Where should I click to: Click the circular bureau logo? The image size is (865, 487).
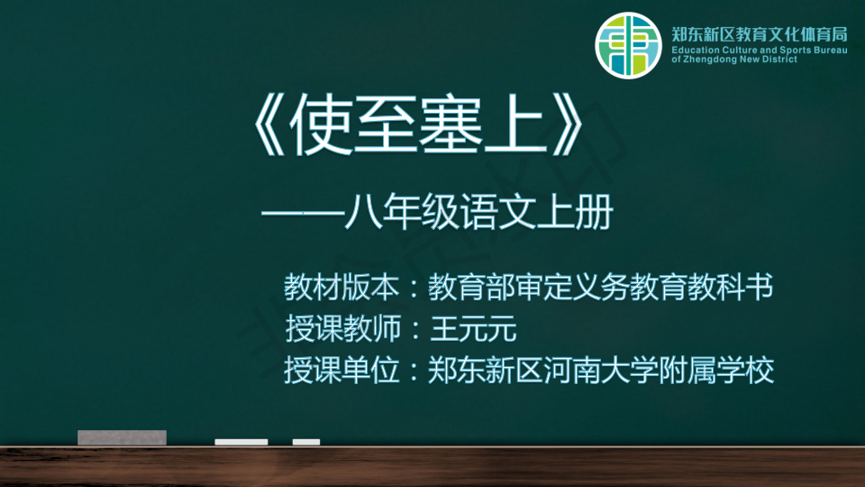click(628, 45)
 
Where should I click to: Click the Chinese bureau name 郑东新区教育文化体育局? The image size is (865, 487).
click(759, 35)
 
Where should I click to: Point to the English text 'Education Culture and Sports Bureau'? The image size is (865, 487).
click(759, 51)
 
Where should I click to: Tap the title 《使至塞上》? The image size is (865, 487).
click(417, 124)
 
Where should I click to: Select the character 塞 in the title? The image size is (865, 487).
click(451, 124)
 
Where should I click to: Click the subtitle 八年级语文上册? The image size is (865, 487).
click(478, 211)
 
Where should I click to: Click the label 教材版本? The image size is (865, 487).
click(341, 287)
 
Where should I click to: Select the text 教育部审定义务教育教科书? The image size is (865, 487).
click(601, 287)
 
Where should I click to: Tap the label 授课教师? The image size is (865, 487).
click(342, 328)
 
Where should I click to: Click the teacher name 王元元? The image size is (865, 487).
click(473, 328)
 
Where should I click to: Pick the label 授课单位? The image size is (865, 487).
click(341, 370)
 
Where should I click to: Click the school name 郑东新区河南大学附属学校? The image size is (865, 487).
click(601, 370)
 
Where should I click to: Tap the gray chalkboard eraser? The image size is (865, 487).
click(122, 437)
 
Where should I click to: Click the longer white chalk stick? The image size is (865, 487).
click(241, 442)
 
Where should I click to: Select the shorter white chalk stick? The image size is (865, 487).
click(306, 442)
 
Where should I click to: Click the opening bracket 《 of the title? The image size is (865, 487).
click(269, 124)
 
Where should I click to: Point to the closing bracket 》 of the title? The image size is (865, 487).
click(567, 124)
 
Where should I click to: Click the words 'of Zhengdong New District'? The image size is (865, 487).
click(734, 60)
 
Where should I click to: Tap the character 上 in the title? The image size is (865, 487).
click(514, 124)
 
